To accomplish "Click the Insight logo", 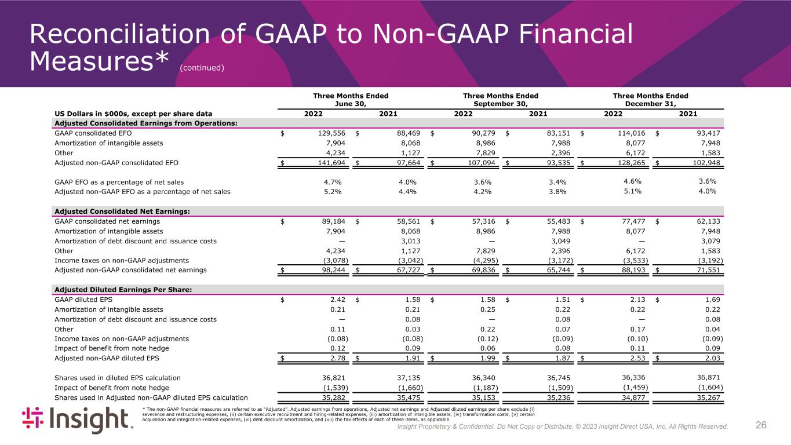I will (x=77, y=420).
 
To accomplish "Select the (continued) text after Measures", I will (x=202, y=68).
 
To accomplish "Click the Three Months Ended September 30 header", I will (x=500, y=100).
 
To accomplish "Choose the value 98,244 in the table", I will (x=330, y=270).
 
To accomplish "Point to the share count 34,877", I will (x=633, y=398).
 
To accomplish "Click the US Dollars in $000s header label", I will (x=133, y=114).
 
